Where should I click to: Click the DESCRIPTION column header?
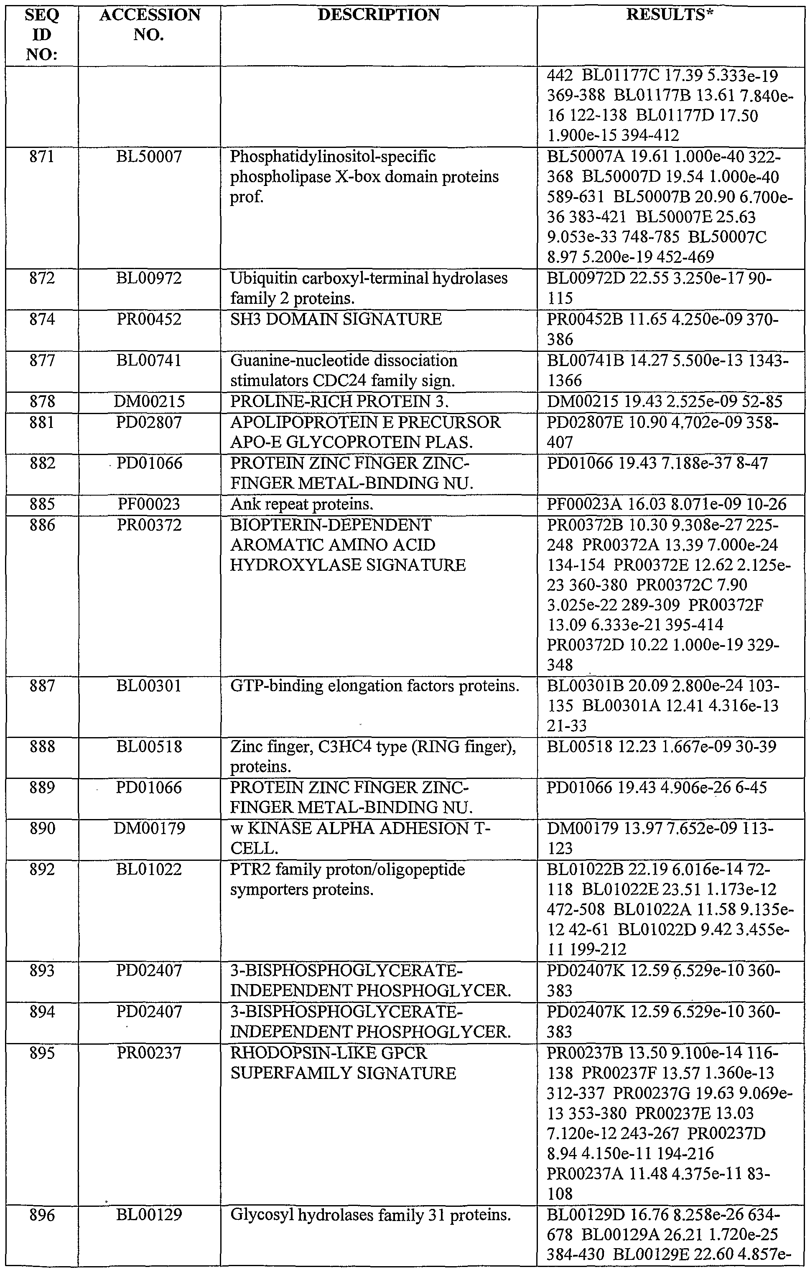[378, 15]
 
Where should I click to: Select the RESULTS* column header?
[670, 15]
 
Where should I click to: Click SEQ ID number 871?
[42, 157]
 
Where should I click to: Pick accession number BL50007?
[150, 157]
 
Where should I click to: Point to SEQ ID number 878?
[42, 402]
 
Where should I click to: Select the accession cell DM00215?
[150, 402]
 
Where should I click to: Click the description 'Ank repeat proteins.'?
[302, 504]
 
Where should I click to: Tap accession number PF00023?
[150, 504]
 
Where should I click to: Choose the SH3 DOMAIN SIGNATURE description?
[336, 320]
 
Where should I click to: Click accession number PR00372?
[150, 525]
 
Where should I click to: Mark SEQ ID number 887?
[42, 686]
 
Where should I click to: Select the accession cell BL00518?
[150, 747]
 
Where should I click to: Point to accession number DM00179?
[150, 828]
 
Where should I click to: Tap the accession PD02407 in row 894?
[150, 1012]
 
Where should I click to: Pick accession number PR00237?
[150, 1053]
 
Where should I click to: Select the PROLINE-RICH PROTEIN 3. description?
[339, 402]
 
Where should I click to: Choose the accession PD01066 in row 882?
[150, 464]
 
